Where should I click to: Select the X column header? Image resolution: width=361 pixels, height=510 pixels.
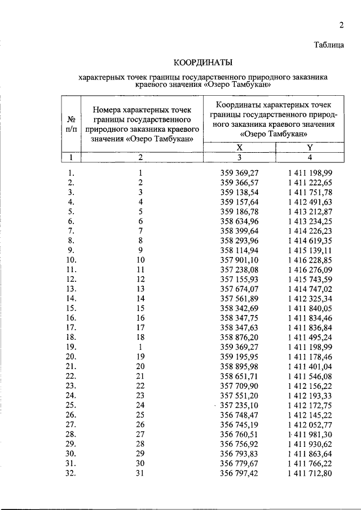(x=239, y=147)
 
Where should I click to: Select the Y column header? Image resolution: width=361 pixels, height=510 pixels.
(x=310, y=147)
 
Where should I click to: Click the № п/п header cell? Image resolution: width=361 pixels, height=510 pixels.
(x=71, y=124)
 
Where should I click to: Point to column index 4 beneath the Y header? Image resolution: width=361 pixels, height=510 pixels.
(x=310, y=157)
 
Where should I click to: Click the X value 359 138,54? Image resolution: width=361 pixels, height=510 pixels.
(x=239, y=192)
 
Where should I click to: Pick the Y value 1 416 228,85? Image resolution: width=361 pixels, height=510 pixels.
(x=310, y=260)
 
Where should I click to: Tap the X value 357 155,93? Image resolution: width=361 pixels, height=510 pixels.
(x=239, y=279)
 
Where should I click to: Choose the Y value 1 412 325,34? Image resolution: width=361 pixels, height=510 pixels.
(x=310, y=298)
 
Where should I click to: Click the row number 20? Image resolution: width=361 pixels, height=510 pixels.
(x=71, y=356)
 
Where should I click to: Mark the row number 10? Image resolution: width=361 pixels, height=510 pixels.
(x=71, y=260)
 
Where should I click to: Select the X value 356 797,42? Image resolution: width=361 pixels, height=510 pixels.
(x=239, y=473)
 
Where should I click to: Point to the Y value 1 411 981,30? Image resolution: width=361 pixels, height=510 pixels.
(x=310, y=434)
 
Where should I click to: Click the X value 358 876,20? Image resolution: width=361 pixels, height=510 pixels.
(x=239, y=337)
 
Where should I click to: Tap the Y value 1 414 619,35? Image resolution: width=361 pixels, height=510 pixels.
(x=310, y=240)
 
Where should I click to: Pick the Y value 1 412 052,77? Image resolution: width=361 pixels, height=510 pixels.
(x=310, y=424)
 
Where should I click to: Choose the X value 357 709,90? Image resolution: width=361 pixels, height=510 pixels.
(x=239, y=385)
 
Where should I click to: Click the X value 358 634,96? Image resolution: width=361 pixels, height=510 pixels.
(x=239, y=221)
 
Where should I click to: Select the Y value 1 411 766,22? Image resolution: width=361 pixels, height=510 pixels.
(x=310, y=463)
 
